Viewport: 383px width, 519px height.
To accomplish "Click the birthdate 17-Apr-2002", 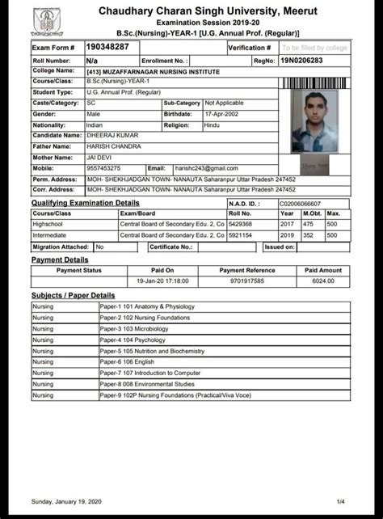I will [x=223, y=115].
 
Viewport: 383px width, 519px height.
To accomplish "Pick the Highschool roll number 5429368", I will [x=241, y=223].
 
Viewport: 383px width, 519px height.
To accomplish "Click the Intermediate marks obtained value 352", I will [x=308, y=234].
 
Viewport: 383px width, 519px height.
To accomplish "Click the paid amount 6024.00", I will [x=323, y=280].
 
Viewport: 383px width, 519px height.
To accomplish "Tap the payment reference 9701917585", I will [x=246, y=280].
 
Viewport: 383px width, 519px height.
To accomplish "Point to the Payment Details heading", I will [x=60, y=259].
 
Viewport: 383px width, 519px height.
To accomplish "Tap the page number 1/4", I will [x=340, y=501].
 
